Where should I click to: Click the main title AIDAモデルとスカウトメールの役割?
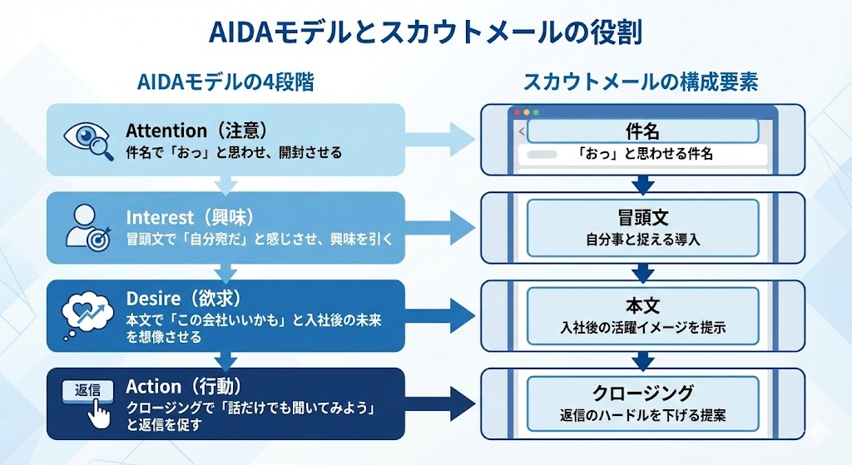point(425,33)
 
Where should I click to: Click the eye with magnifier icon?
point(88,139)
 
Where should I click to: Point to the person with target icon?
point(88,227)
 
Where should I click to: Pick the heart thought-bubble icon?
point(88,315)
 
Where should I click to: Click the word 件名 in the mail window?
point(642,131)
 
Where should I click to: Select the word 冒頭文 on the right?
point(642,217)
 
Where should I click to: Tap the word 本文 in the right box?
point(642,305)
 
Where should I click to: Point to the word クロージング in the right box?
point(642,393)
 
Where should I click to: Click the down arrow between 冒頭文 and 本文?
point(642,271)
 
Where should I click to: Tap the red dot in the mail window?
point(516,111)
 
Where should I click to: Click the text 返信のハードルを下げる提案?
point(642,415)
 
